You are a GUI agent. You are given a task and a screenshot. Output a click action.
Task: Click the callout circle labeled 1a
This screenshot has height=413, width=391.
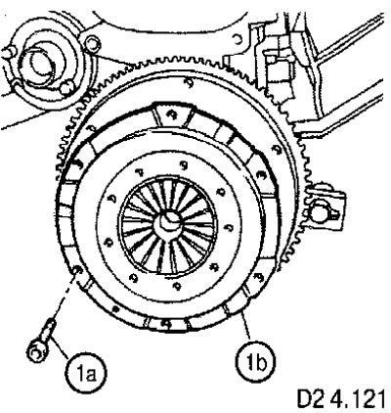coord(86,375)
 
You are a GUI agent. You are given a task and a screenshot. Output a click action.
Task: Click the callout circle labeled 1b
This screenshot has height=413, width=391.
coord(256,361)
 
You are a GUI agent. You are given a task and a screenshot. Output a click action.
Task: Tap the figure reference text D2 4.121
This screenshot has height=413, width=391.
coord(340,398)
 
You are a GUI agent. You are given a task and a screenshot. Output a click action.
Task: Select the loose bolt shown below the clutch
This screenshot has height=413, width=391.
coord(41,341)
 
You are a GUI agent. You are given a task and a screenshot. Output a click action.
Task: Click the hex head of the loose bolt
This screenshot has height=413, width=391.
coord(35,351)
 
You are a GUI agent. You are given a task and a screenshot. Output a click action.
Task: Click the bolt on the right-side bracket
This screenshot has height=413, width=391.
coord(320,212)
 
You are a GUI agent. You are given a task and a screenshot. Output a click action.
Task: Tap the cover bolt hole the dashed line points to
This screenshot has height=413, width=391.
coord(78,270)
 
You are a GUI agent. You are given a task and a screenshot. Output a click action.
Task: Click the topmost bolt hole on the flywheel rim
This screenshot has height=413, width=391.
coord(188,82)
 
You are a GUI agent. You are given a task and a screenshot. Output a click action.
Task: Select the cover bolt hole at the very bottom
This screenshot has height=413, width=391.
coord(166,324)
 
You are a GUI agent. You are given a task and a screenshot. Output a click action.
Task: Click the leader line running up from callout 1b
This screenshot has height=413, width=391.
coord(246,327)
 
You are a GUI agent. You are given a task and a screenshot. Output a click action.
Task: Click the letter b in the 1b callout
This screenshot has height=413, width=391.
coord(261,362)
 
